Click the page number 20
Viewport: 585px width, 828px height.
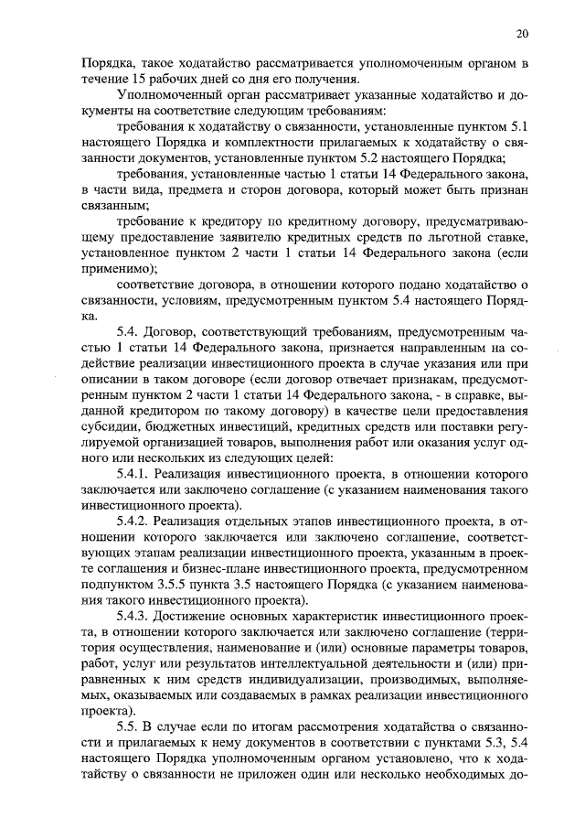tap(522, 34)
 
